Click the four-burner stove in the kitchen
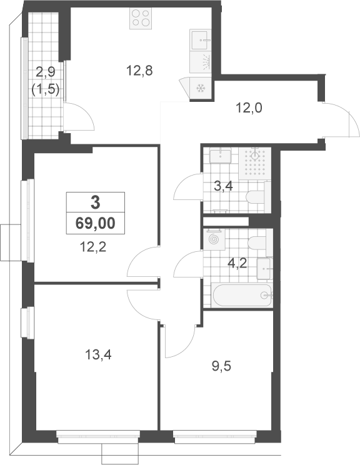coord(141,18)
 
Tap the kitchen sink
coord(201,40)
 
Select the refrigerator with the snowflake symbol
coord(201,88)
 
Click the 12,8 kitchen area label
coord(139,71)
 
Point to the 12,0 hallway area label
coord(249,108)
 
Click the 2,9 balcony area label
coord(46,71)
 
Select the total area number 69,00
coord(95,223)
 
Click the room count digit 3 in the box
coord(95,203)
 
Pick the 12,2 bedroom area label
coord(93,247)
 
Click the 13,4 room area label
coord(98,354)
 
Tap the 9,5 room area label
coord(221,366)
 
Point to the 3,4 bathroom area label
coord(223,186)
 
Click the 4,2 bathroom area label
coord(237,262)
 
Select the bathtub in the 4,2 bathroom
coord(242,296)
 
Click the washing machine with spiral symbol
coord(214,239)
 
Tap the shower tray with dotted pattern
coord(255,164)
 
